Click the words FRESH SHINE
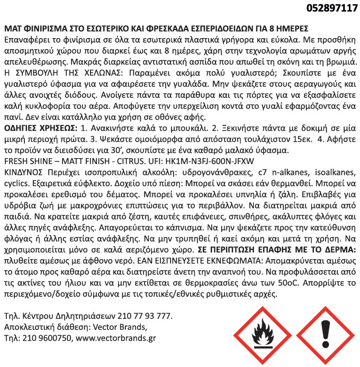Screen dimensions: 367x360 click(x=29, y=161)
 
